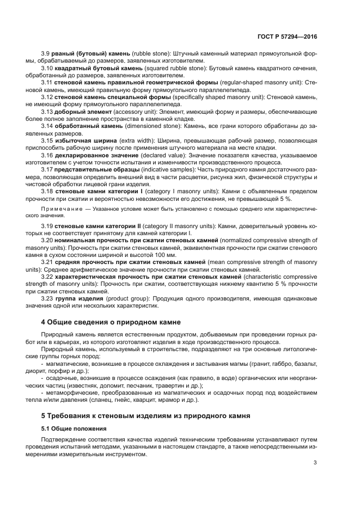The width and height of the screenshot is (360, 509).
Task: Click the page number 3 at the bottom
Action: click(x=315, y=463)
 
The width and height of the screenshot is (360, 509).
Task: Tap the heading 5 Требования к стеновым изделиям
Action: click(x=145, y=415)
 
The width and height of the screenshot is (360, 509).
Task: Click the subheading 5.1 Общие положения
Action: click(x=74, y=428)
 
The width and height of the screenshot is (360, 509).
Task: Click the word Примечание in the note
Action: click(x=60, y=208)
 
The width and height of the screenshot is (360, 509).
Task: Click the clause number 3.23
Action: click(x=47, y=299)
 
